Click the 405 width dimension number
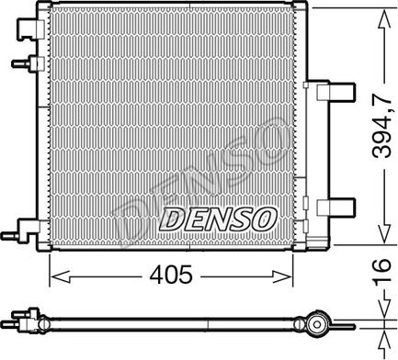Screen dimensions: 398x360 point(171,274)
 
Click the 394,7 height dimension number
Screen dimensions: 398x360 point(382,126)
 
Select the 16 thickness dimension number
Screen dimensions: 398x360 point(382,269)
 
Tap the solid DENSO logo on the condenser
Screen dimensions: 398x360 point(218,219)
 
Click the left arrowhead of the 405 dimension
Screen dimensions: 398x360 point(61,276)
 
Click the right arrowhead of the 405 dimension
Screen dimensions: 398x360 point(282,276)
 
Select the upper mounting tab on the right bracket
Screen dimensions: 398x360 point(335,92)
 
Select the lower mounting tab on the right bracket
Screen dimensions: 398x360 point(335,208)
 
